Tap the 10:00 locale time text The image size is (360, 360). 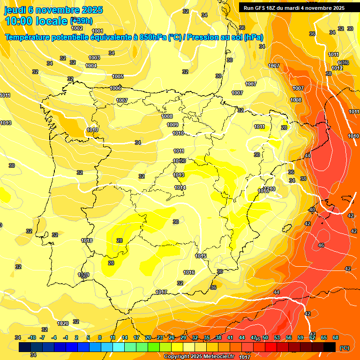pyautogui.click(x=36, y=21)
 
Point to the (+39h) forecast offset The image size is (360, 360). pyautogui.click(x=81, y=21)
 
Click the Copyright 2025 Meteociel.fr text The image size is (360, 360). pyautogui.click(x=199, y=356)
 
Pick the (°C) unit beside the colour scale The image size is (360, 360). pyautogui.click(x=344, y=348)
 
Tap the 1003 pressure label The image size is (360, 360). pyautogui.click(x=94, y=58)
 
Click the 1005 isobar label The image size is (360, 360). pyautogui.click(x=118, y=76)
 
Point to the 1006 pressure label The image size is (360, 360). pyautogui.click(x=115, y=88)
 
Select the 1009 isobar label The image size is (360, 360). pyautogui.click(x=172, y=125)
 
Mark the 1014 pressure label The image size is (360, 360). pyautogui.click(x=180, y=187)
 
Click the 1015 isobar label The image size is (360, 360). pyautogui.click(x=201, y=256)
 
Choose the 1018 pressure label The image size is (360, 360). pyautogui.click(x=87, y=240)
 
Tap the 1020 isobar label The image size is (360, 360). pyautogui.click(x=63, y=323)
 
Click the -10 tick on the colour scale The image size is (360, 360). pyautogui.click(x=32, y=337)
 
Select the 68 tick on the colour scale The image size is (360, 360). pyautogui.click(x=336, y=337)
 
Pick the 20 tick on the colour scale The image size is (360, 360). pyautogui.click(x=148, y=337)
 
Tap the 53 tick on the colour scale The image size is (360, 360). pyautogui.click(x=277, y=337)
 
